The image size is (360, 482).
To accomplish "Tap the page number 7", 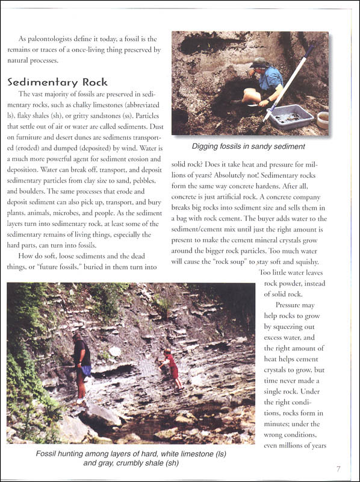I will tap(339, 469).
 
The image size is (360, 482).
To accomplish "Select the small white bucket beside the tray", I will tap(323, 119).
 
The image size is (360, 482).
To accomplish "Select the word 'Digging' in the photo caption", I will tap(205, 146).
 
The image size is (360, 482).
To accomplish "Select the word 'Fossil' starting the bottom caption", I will tap(47, 454).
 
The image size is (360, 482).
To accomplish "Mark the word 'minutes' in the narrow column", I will tap(279, 424).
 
